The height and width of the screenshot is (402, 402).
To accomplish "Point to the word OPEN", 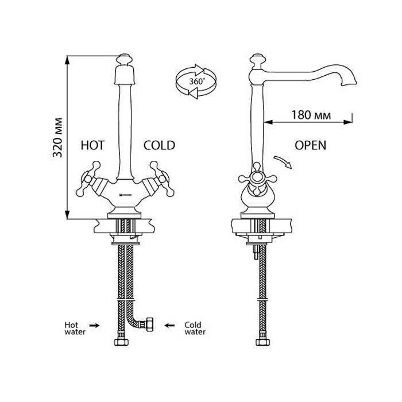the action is click(x=310, y=145).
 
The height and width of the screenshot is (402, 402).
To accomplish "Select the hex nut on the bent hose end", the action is click(x=151, y=326).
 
